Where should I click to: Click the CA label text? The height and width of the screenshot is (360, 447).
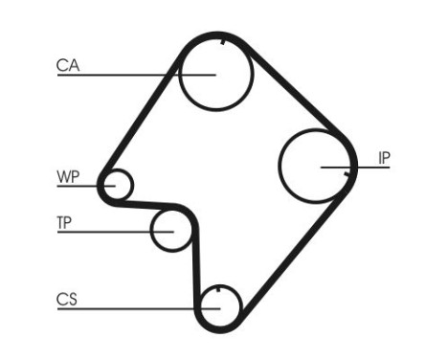(67, 65)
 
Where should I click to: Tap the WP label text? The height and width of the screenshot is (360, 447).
(67, 176)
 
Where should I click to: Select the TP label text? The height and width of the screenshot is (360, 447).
(64, 223)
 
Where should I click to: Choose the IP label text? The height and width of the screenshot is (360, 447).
(384, 158)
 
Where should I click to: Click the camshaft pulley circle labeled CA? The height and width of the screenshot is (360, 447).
(215, 75)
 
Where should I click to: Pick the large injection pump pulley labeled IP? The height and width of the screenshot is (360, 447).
(317, 164)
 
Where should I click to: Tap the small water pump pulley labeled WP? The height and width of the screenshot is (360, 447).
(119, 184)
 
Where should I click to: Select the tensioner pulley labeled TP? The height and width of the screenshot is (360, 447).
(172, 231)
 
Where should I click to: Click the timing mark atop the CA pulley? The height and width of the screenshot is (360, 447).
(221, 41)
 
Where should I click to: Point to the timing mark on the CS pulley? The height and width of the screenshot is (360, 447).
(219, 290)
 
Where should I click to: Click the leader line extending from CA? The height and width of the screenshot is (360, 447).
(124, 74)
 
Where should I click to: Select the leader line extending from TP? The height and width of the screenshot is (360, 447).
(105, 231)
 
